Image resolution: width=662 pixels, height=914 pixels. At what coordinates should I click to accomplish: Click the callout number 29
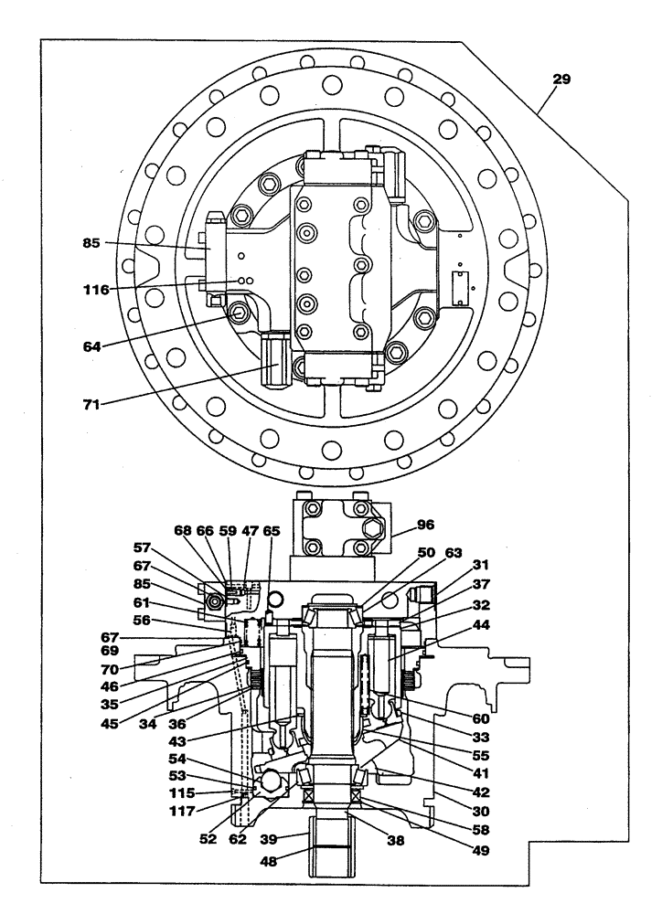(561, 80)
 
